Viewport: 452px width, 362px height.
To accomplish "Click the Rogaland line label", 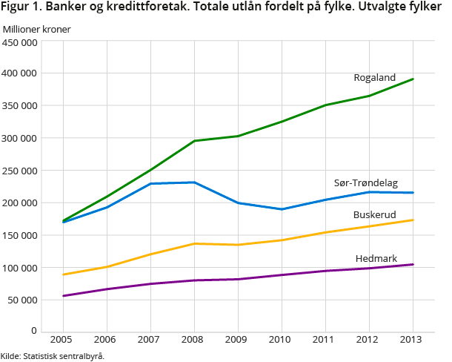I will click(374, 77).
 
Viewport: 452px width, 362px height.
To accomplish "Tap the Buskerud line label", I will click(374, 214).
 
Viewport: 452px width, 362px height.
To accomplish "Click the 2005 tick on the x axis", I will click(62, 340).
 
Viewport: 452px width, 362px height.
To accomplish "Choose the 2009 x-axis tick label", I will click(237, 340).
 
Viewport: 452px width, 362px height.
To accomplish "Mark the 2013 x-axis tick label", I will click(412, 340).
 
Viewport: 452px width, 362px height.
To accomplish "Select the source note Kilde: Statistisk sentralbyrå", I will click(53, 355).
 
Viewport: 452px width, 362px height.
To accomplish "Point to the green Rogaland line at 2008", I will click(194, 141).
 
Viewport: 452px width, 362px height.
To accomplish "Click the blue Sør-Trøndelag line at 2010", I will click(282, 209).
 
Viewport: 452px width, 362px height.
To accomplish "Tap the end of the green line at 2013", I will click(413, 79).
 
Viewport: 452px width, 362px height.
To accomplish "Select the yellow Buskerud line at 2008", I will click(194, 243).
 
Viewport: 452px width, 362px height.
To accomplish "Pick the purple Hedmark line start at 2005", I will click(63, 296).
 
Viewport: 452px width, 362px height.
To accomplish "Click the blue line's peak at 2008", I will click(194, 182).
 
